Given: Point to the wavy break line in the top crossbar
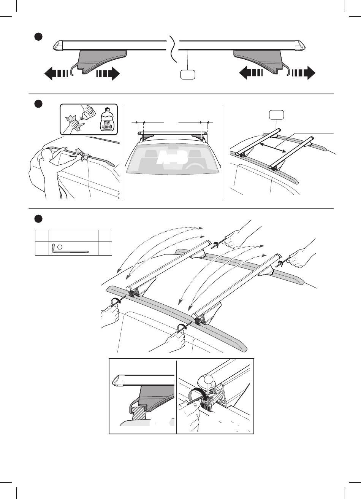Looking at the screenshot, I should point(174,49).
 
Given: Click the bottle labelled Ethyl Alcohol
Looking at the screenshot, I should point(107,119).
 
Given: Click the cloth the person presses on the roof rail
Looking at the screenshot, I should point(81,154).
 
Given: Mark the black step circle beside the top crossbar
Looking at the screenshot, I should point(38,37).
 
